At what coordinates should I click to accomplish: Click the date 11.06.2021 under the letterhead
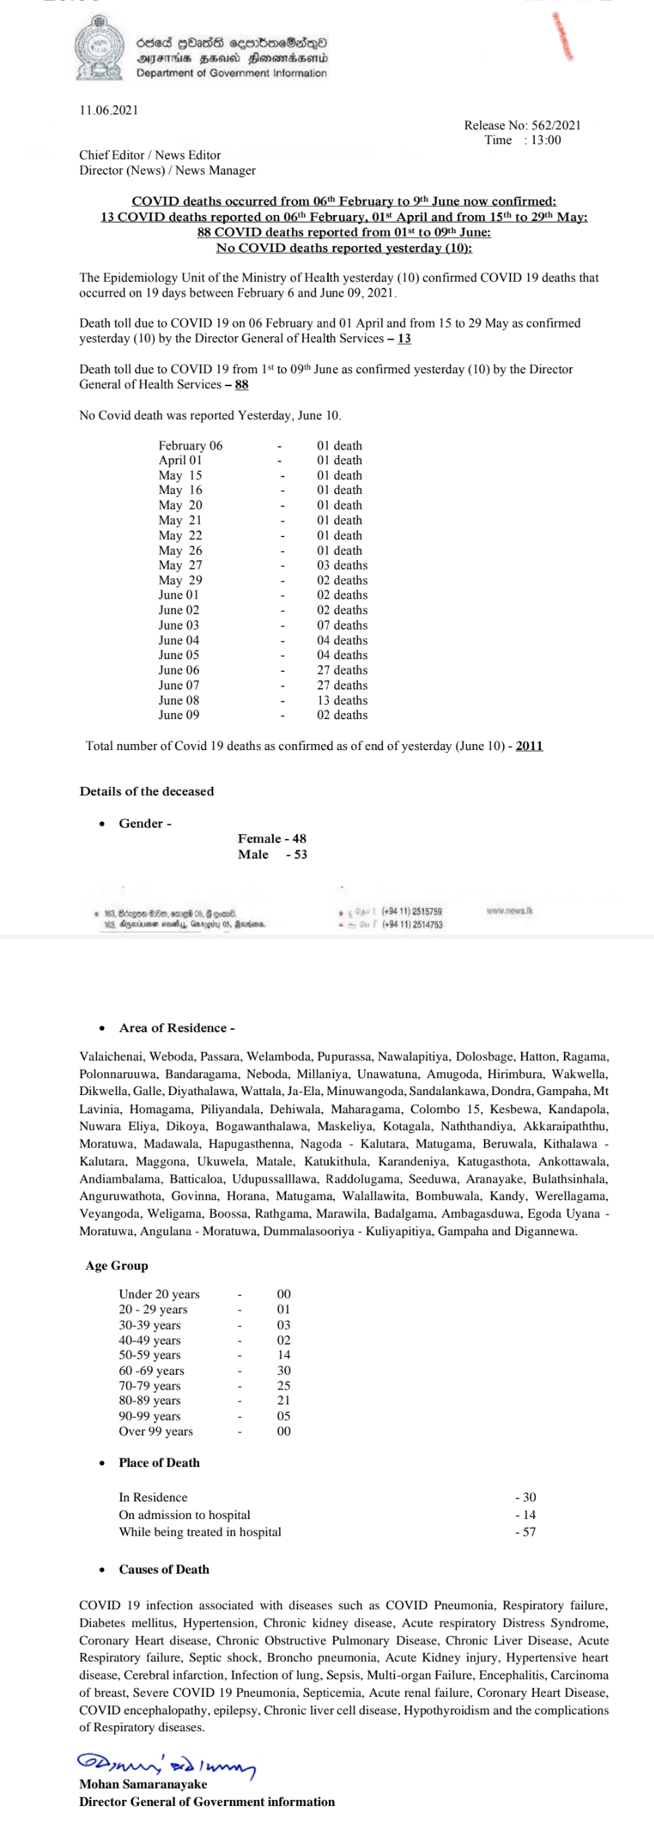coord(109,110)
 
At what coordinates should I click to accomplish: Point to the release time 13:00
coord(545,140)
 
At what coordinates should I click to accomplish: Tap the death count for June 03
coord(342,625)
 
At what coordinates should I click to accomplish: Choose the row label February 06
coord(191,445)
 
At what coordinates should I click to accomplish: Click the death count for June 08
coord(342,700)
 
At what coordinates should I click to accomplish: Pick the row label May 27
coord(181,565)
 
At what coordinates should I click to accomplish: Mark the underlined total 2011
coord(529,745)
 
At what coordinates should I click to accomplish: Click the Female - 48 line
coord(272,839)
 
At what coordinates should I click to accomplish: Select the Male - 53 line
coord(272,855)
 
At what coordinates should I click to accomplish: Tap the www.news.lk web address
coord(510,910)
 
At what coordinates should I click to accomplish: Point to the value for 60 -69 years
coord(284,1371)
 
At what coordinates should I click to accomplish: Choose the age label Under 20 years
coord(159,1295)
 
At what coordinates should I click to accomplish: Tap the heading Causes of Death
coord(165,1570)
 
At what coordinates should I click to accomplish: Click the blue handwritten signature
coord(167,1764)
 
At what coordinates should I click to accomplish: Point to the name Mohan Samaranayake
coord(144,1784)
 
